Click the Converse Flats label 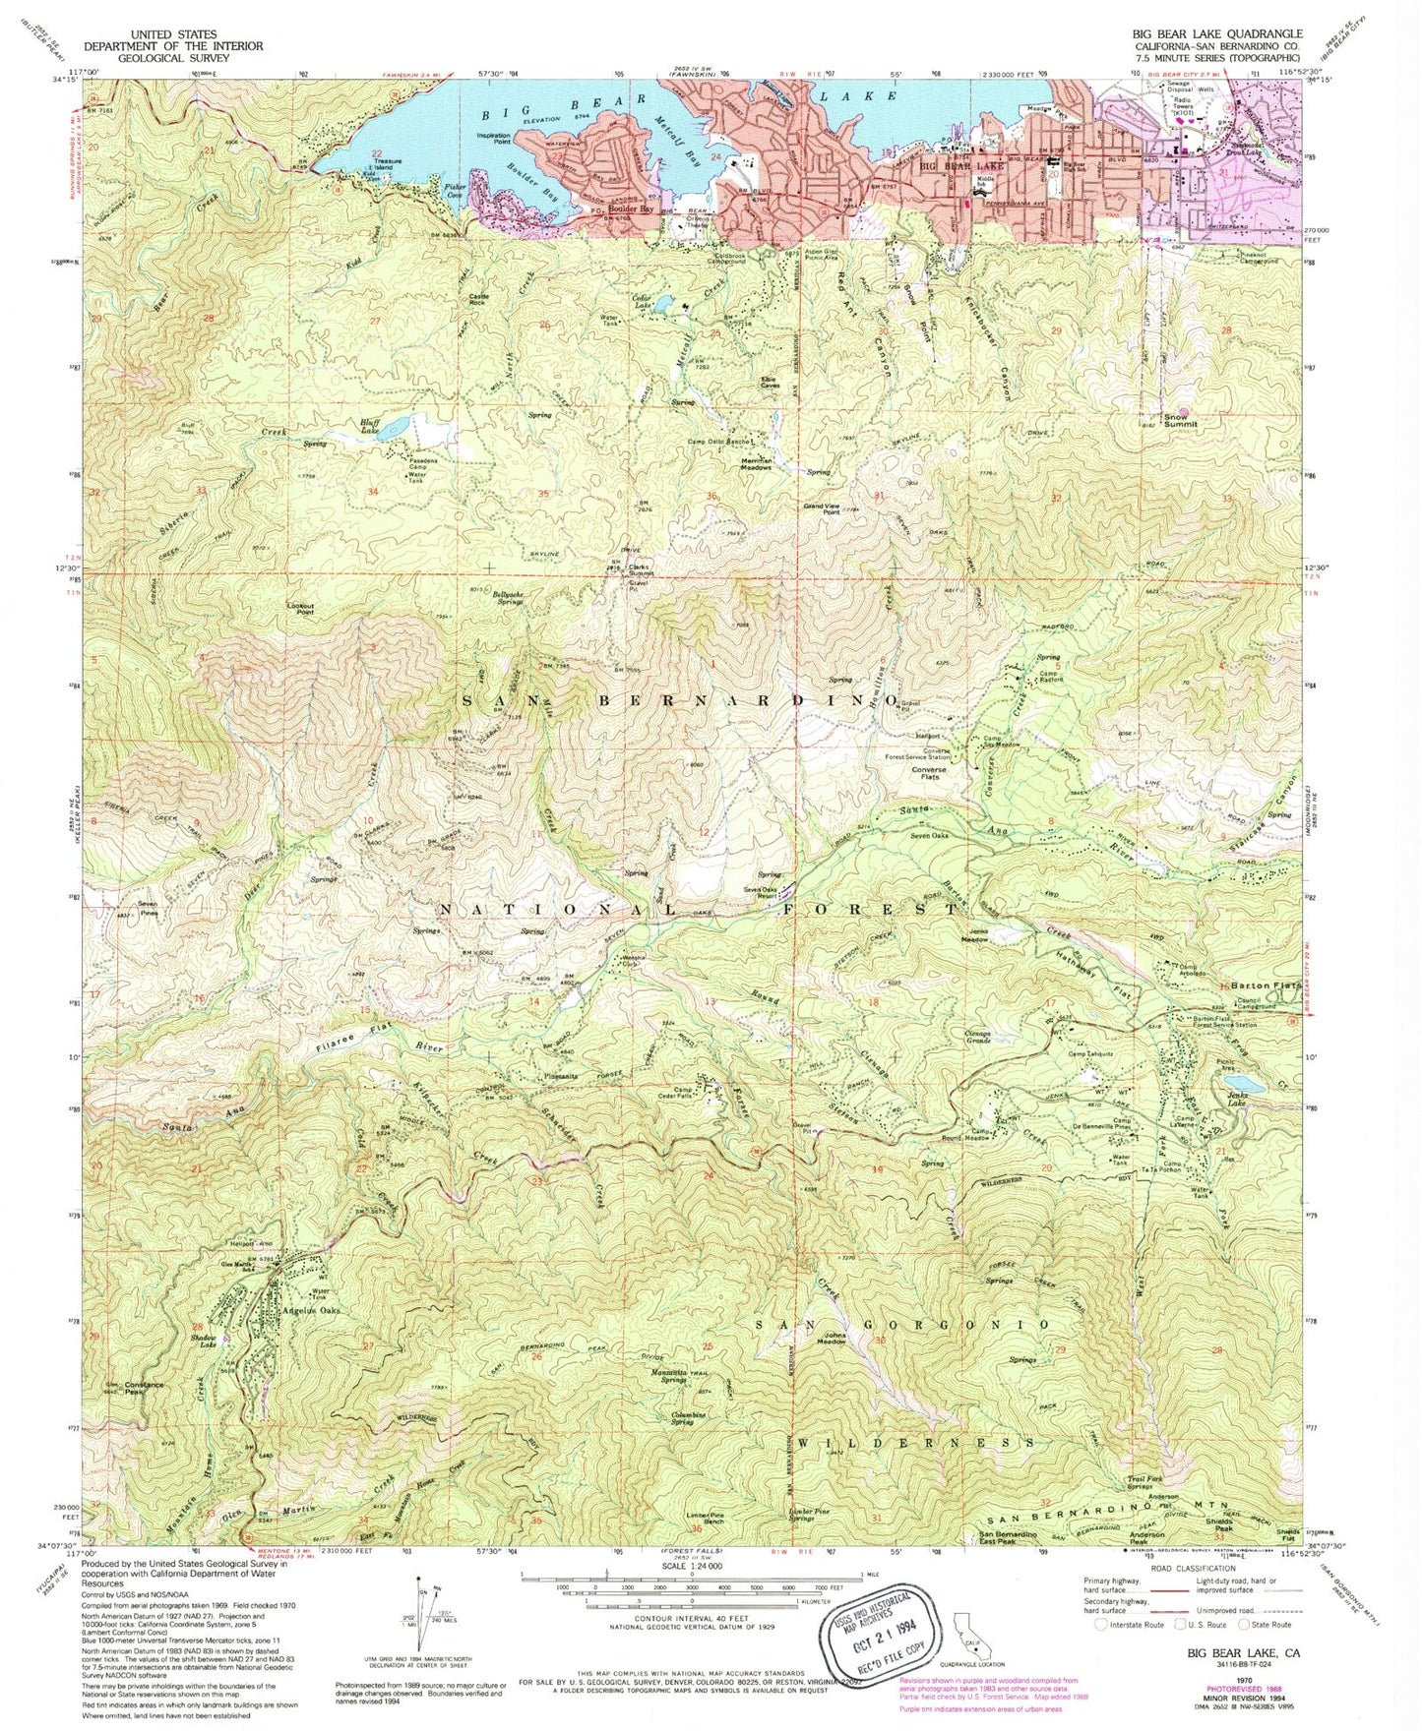pos(929,775)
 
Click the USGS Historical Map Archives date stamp pos(866,1633)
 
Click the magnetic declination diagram pos(418,1633)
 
